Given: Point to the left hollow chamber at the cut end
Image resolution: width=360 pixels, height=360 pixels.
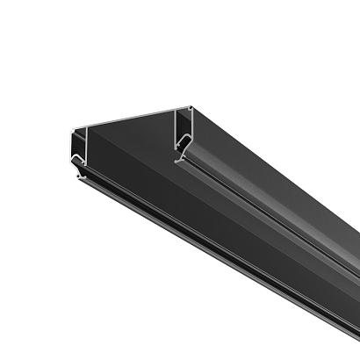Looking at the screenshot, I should pos(77,144).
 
